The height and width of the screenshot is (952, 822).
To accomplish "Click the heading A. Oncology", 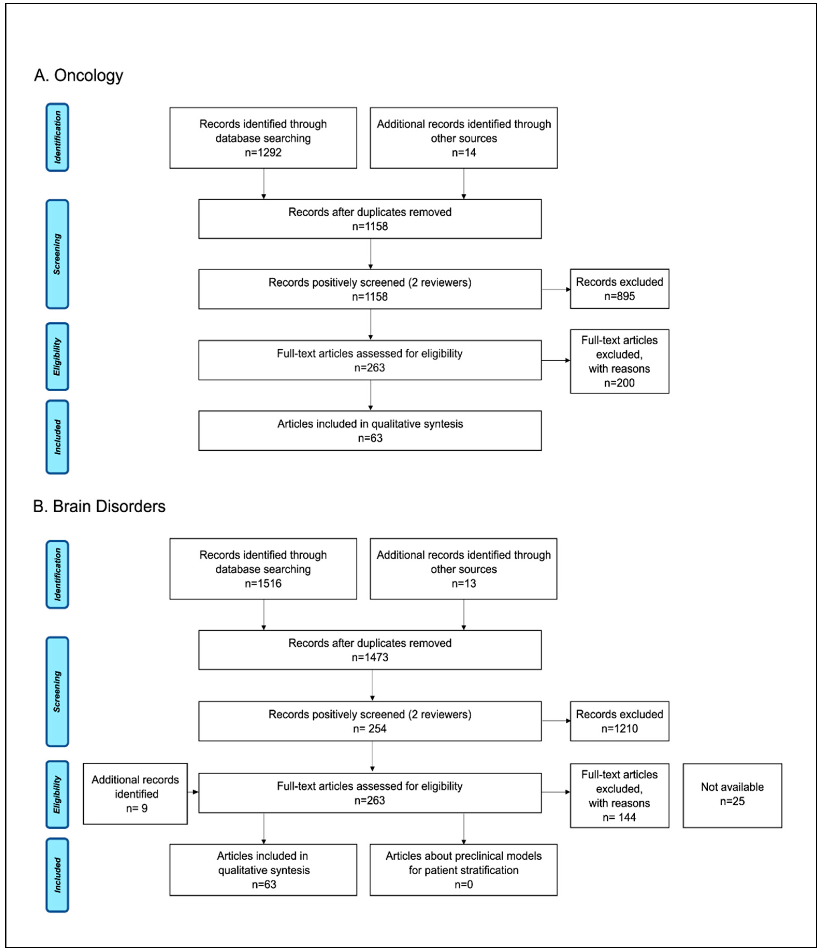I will (78, 75).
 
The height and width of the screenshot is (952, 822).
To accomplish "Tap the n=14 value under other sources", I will (464, 152).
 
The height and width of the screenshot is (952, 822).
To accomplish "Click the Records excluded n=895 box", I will (619, 289).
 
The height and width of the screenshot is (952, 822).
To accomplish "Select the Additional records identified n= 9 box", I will (135, 794).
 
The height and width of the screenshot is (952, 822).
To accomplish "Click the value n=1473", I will (370, 657).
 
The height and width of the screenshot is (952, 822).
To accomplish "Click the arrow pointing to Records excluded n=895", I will (556, 289).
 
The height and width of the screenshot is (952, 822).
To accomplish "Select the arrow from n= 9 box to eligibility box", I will (193, 792).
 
